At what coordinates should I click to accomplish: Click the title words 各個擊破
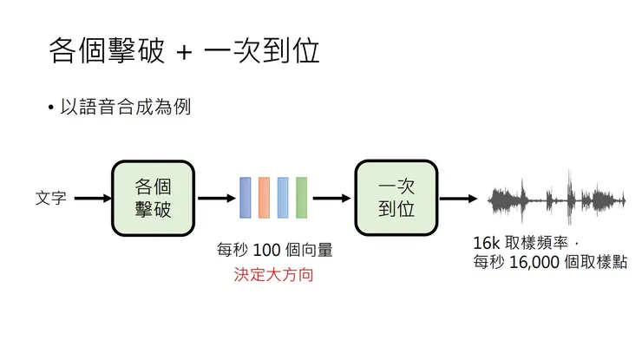click(105, 51)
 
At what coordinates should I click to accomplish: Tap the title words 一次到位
click(261, 51)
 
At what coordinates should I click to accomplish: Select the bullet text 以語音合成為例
click(125, 107)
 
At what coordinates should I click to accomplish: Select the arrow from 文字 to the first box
click(93, 199)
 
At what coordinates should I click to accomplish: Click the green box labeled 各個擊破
click(152, 198)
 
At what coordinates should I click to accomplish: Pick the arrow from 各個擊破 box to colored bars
click(216, 198)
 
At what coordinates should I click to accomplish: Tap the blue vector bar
click(246, 198)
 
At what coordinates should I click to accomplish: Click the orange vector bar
click(264, 198)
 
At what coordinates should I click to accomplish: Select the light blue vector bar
click(283, 198)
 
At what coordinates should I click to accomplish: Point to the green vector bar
click(301, 198)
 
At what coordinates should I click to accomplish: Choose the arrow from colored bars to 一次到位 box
click(331, 198)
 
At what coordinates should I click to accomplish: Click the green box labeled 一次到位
click(396, 198)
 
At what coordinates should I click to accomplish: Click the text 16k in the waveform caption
click(487, 243)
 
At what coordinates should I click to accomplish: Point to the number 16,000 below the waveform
click(531, 263)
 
